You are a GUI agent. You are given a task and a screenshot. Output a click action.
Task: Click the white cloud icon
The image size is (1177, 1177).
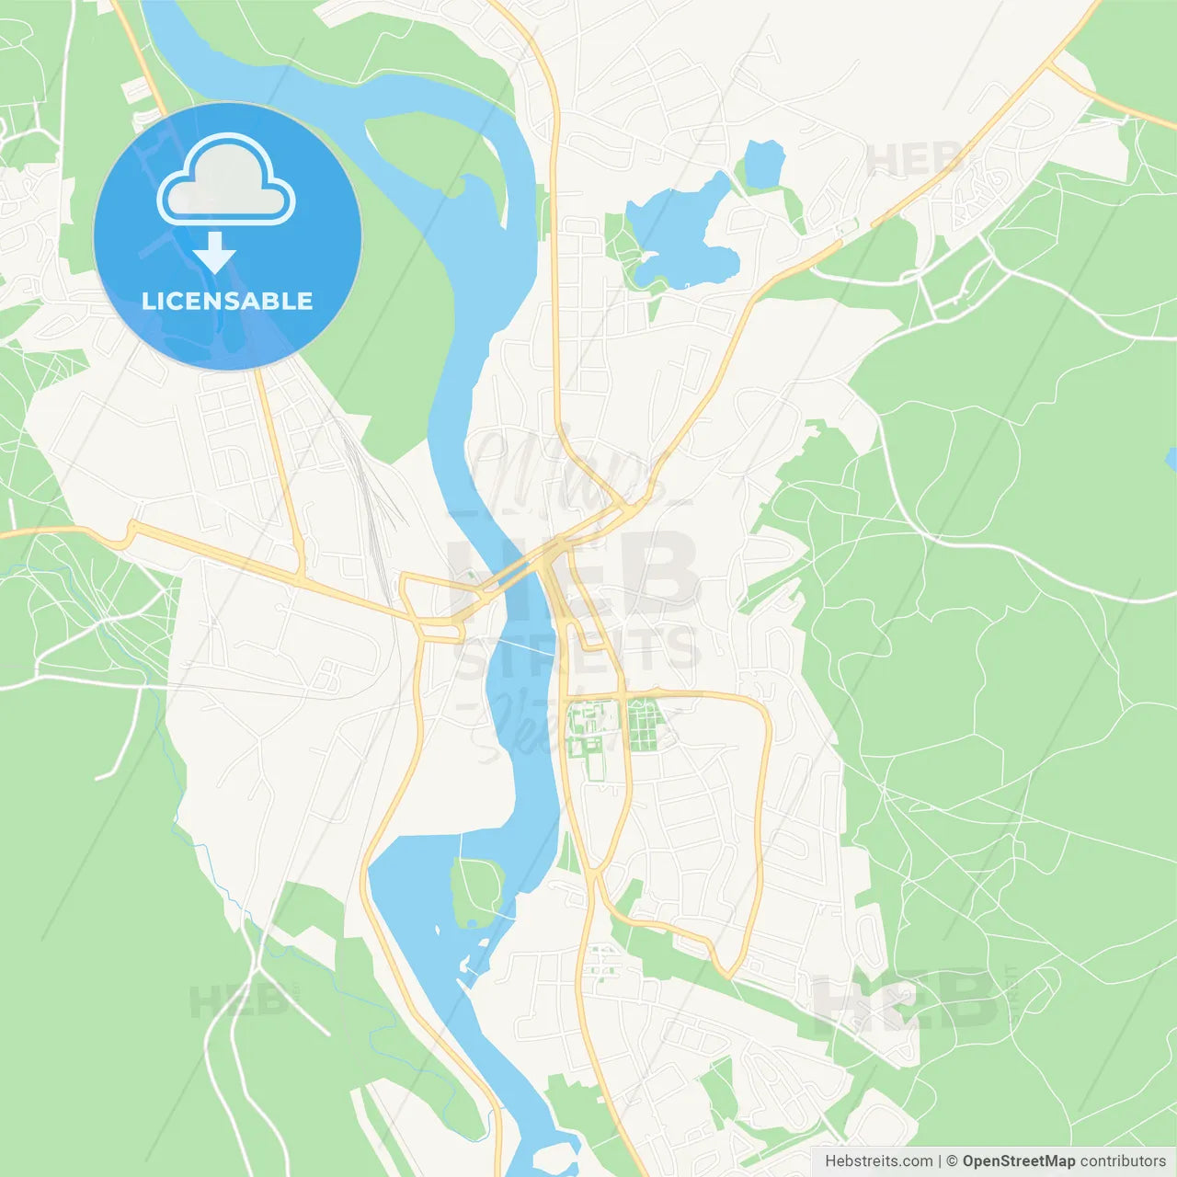(226, 180)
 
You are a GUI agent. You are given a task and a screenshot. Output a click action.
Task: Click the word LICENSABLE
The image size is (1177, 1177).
(227, 301)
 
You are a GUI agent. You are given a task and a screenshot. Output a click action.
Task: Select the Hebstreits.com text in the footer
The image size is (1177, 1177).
(878, 1161)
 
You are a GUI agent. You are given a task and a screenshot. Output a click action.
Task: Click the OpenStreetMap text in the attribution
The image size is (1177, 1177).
(1019, 1161)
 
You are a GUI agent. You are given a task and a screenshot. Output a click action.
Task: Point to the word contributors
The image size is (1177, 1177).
(1123, 1161)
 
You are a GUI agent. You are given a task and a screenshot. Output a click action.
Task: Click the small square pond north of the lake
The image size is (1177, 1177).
(764, 163)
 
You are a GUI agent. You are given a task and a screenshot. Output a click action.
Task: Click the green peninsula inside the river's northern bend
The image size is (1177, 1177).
(432, 152)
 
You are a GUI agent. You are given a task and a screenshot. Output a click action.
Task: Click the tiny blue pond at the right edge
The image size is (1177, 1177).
(1171, 459)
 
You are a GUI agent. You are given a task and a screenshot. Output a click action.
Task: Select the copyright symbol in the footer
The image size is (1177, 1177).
(953, 1161)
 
